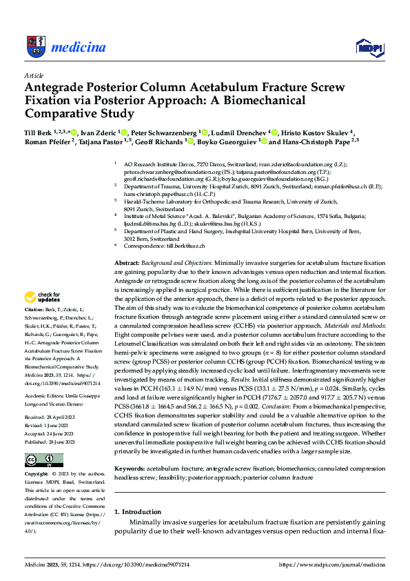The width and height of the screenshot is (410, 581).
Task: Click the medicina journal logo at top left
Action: click(x=65, y=47)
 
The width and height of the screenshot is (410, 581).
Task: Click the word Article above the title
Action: click(x=34, y=75)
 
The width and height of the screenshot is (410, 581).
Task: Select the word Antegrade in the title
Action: click(x=54, y=88)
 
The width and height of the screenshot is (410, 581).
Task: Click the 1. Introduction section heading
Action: click(x=138, y=511)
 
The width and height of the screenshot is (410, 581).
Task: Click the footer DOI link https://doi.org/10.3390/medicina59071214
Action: click(x=138, y=564)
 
